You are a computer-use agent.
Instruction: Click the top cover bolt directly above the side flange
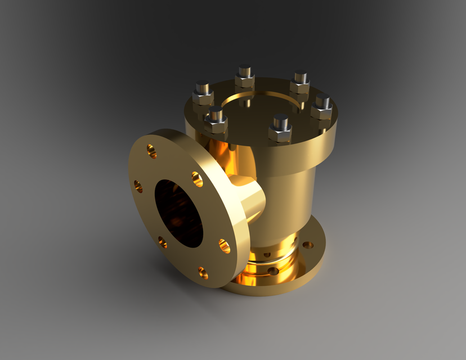point(216,119)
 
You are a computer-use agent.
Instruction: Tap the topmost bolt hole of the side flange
point(151,151)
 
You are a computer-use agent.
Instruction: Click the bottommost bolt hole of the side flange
point(203,273)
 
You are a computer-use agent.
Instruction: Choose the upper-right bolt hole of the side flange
point(197,179)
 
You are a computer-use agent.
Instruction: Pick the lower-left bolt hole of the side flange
point(162,242)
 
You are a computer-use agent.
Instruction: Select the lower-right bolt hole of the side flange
point(224,246)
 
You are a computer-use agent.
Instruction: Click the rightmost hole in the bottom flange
point(308,245)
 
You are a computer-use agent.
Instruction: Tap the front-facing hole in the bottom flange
point(273,271)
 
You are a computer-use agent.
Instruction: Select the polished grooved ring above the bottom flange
point(276,253)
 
